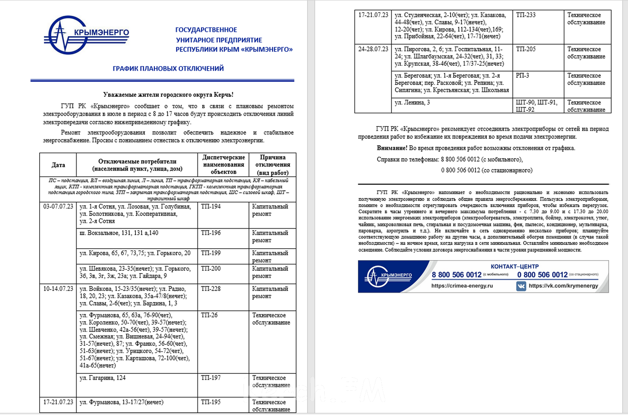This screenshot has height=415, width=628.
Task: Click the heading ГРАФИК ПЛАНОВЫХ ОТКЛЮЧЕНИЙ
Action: pyautogui.click(x=168, y=68)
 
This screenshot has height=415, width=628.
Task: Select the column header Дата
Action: pyautogui.click(x=58, y=165)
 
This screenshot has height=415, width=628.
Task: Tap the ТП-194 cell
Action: pyautogui.click(x=211, y=207)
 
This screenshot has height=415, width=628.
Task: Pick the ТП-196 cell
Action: pyautogui.click(x=211, y=233)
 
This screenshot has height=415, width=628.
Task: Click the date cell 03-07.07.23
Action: pyautogui.click(x=58, y=207)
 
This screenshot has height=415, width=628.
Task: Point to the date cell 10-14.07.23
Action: pyautogui.click(x=58, y=289)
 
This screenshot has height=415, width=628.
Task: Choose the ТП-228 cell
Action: pyautogui.click(x=211, y=289)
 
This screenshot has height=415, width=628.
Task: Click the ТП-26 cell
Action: pyautogui.click(x=209, y=315)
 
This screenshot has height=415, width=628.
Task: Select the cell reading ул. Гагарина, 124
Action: pyautogui.click(x=103, y=378)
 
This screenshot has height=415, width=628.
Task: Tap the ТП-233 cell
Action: pyautogui.click(x=526, y=15)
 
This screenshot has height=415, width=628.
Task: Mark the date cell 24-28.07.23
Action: pyautogui.click(x=373, y=49)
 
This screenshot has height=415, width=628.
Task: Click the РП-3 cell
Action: pyautogui.click(x=522, y=76)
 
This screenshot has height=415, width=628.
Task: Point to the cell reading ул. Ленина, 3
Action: pyautogui.click(x=413, y=103)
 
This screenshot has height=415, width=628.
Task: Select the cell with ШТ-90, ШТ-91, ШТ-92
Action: pyautogui.click(x=536, y=106)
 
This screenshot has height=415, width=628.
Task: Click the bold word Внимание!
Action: pyautogui.click(x=392, y=148)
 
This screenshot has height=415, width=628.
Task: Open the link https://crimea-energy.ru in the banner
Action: pyautogui.click(x=462, y=286)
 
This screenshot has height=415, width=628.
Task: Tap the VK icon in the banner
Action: pyautogui.click(x=521, y=286)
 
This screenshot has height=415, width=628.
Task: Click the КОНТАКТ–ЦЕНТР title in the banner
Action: pyautogui.click(x=514, y=266)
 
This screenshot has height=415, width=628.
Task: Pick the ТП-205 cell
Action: pyautogui.click(x=526, y=49)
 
